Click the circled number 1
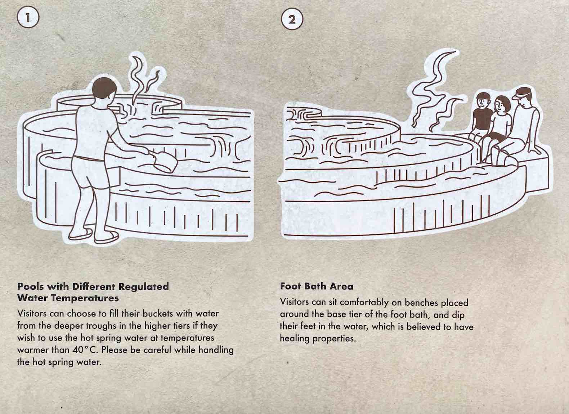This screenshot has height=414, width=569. (x=28, y=18)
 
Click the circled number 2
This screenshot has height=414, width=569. (x=292, y=19)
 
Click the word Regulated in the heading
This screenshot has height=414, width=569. (x=144, y=287)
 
